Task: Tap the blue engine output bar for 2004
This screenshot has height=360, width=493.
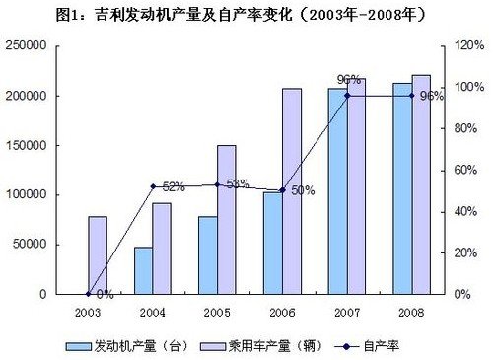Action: tap(144, 270)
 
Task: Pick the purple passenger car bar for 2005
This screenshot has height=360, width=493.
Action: tap(227, 219)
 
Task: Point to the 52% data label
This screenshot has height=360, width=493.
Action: tap(174, 185)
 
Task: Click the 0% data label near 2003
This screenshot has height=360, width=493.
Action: tap(105, 293)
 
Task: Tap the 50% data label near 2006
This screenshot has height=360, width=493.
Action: tap(302, 190)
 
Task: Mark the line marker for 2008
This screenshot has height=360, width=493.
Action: tap(411, 96)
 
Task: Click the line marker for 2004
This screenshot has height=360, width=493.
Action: tap(153, 186)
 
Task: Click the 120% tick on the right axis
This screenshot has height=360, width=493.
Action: tap(465, 46)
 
